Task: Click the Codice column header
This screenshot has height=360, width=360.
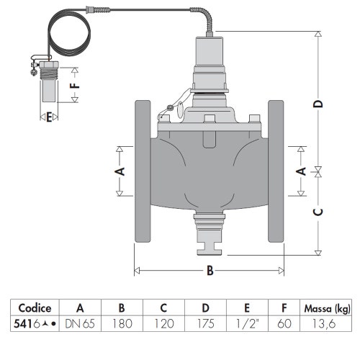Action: point(35,308)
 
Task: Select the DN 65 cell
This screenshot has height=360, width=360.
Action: point(80,324)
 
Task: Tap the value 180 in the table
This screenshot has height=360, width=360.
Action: point(122,324)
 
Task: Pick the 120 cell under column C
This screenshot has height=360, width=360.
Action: point(164,324)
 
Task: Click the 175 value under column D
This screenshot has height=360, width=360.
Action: point(205,324)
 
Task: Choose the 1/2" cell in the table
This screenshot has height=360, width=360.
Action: point(247,324)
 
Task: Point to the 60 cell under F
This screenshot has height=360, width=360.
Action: point(284,324)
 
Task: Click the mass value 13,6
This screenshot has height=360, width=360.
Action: point(324,324)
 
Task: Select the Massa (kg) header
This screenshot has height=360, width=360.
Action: point(328,309)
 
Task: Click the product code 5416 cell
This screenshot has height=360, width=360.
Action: point(35,324)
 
